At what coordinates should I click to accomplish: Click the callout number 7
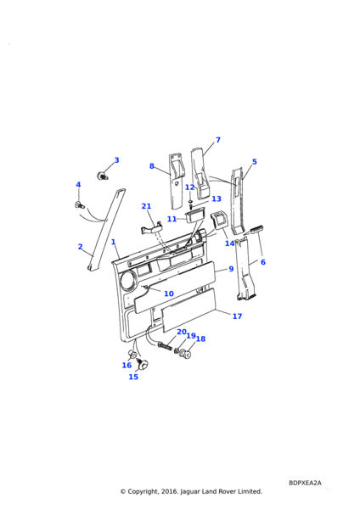pyautogui.click(x=218, y=140)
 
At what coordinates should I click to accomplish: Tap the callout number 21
pyautogui.click(x=147, y=206)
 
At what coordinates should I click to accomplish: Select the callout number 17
pyautogui.click(x=238, y=316)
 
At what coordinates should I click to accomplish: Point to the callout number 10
pyautogui.click(x=169, y=294)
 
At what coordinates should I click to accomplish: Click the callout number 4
pyautogui.click(x=78, y=185)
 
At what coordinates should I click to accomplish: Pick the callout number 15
pyautogui.click(x=133, y=377)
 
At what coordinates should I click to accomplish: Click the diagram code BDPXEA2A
pyautogui.click(x=305, y=483)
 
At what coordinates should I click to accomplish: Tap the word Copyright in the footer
pyautogui.click(x=143, y=491)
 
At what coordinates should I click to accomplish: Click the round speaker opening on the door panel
pyautogui.click(x=129, y=281)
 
